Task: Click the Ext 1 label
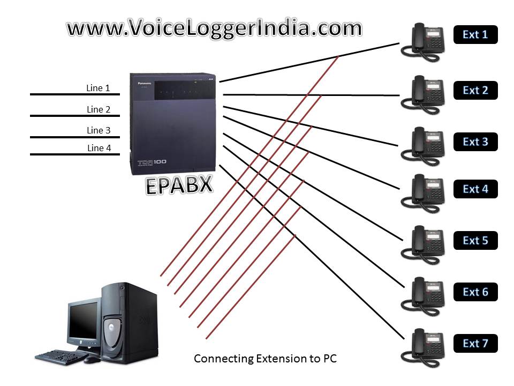(x=475, y=35)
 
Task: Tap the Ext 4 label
(x=475, y=189)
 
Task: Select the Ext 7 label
(x=475, y=344)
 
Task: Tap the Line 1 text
(x=98, y=88)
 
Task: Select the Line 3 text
(x=99, y=130)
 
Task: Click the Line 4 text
(x=99, y=148)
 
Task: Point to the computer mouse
(x=92, y=360)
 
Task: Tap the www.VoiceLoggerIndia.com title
(x=214, y=28)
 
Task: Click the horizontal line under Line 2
(x=74, y=116)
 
